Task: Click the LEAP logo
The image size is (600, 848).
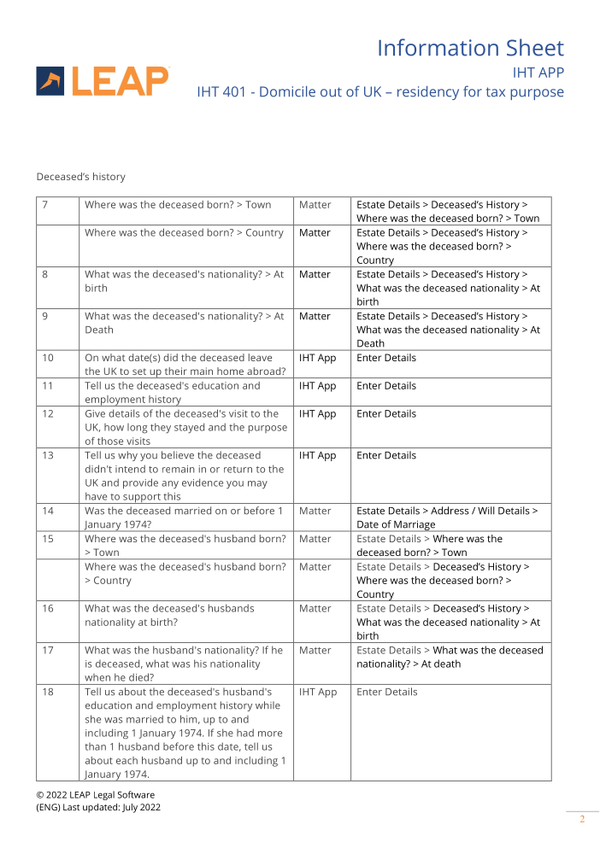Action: [103, 81]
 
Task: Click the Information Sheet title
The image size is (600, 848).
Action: [470, 48]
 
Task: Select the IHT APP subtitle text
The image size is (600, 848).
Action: [538, 72]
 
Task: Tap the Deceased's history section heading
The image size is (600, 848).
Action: [80, 177]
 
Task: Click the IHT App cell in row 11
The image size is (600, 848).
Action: [317, 386]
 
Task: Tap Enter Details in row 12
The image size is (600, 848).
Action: [386, 414]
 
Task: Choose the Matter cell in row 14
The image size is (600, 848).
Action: [315, 511]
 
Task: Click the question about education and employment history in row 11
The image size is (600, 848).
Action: [171, 393]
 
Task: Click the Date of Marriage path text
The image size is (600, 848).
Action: [396, 524]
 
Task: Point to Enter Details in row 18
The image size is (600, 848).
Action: [386, 692]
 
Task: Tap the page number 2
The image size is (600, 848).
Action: [582, 820]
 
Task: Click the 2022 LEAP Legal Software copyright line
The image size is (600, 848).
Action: [95, 795]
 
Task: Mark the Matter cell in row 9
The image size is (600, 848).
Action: [315, 316]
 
